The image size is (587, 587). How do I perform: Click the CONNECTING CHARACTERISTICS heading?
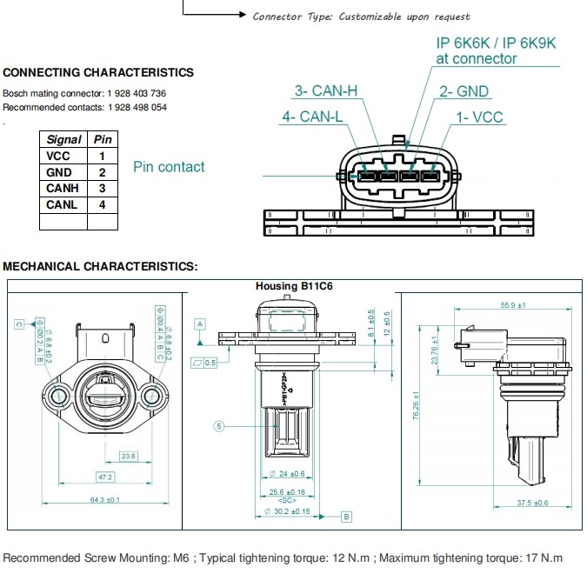point(98,72)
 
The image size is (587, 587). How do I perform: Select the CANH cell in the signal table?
point(63,188)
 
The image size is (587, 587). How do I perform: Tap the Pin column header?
point(103,139)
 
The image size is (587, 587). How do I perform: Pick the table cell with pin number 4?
point(103,204)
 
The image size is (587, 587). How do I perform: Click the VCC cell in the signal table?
point(63,156)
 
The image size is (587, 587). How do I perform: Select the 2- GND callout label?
point(464,91)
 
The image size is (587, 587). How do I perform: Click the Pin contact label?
point(169,167)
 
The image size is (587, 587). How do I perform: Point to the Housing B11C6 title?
point(295,285)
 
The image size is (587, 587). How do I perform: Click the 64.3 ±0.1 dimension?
point(103,499)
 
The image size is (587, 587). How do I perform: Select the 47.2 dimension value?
point(104,477)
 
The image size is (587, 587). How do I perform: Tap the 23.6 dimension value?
point(129,456)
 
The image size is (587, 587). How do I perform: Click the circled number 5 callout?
point(219,426)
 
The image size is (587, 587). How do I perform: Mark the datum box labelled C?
point(18,324)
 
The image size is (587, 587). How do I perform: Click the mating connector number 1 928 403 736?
point(137,93)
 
